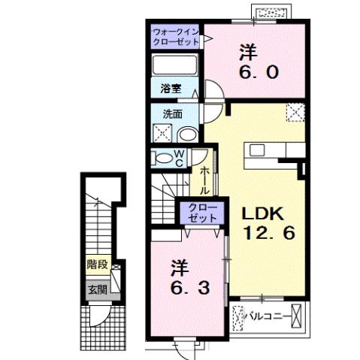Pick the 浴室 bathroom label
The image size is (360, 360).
(171, 89)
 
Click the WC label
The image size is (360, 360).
(180, 158)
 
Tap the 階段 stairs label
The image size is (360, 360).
(95, 265)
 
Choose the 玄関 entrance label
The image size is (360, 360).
(95, 289)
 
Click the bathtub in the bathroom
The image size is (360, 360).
(174, 65)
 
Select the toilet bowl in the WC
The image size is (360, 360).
(162, 158)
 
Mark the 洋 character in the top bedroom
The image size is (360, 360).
(249, 53)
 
